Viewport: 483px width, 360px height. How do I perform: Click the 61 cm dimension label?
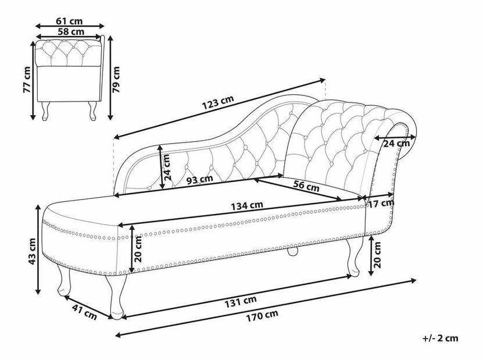click(69, 21)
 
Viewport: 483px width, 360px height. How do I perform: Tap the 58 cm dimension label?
click(71, 31)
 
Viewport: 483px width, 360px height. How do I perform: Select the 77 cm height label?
click(27, 80)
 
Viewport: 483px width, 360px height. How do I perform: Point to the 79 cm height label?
click(116, 80)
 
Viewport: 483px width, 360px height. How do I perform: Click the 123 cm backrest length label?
click(218, 102)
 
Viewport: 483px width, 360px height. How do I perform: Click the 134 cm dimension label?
click(247, 205)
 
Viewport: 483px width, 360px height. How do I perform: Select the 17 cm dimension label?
click(381, 203)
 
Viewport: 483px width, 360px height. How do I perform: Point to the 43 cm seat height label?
click(32, 251)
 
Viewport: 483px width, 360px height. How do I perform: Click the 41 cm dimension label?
click(84, 312)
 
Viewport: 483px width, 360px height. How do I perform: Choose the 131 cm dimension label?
click(240, 302)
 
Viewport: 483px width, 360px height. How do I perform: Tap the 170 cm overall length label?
click(262, 316)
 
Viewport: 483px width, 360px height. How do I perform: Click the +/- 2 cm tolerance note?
click(441, 338)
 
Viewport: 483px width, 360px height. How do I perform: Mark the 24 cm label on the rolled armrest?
click(396, 143)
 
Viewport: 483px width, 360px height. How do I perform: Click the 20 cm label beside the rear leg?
click(377, 255)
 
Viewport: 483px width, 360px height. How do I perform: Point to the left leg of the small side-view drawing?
click(45, 111)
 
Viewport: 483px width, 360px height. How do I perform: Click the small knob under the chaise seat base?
click(292, 250)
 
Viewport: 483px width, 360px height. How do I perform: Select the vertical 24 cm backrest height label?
click(167, 167)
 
